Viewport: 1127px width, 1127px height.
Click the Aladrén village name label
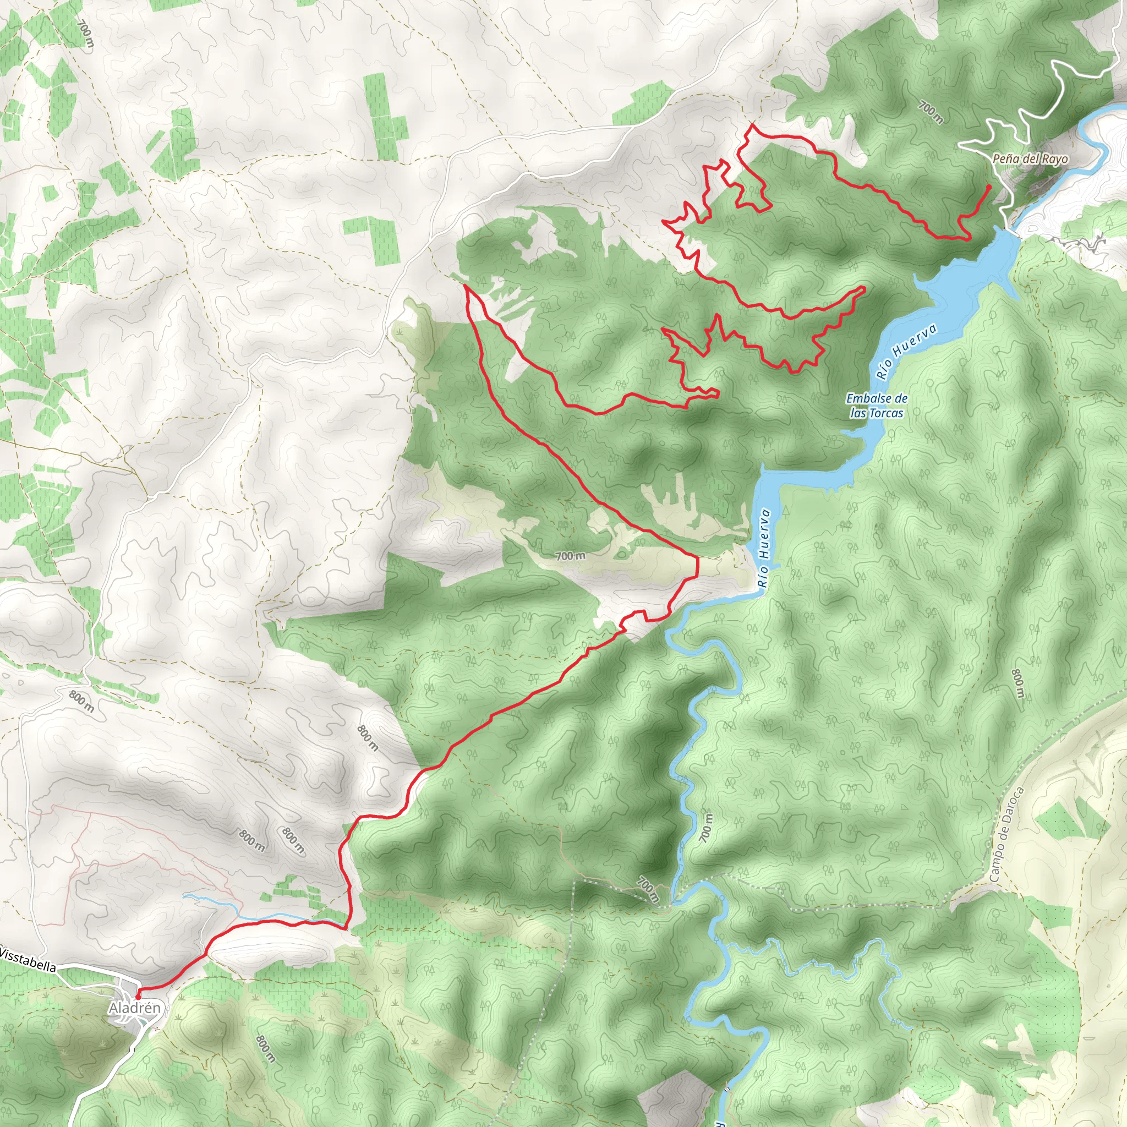click(134, 1008)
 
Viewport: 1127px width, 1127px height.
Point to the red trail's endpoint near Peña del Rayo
click(989, 185)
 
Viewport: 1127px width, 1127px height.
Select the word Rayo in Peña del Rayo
click(1056, 158)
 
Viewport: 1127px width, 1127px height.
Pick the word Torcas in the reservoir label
click(885, 413)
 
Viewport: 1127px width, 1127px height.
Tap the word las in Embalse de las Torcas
click(857, 413)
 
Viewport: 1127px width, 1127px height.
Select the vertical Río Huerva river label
click(764, 548)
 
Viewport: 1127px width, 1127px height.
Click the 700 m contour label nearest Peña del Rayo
click(931, 113)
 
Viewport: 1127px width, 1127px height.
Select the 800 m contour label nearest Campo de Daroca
click(1018, 683)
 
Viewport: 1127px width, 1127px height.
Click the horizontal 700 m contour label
click(570, 556)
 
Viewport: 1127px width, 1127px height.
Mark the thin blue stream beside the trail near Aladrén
click(233, 907)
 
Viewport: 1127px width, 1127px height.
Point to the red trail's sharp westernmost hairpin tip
click(467, 286)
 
